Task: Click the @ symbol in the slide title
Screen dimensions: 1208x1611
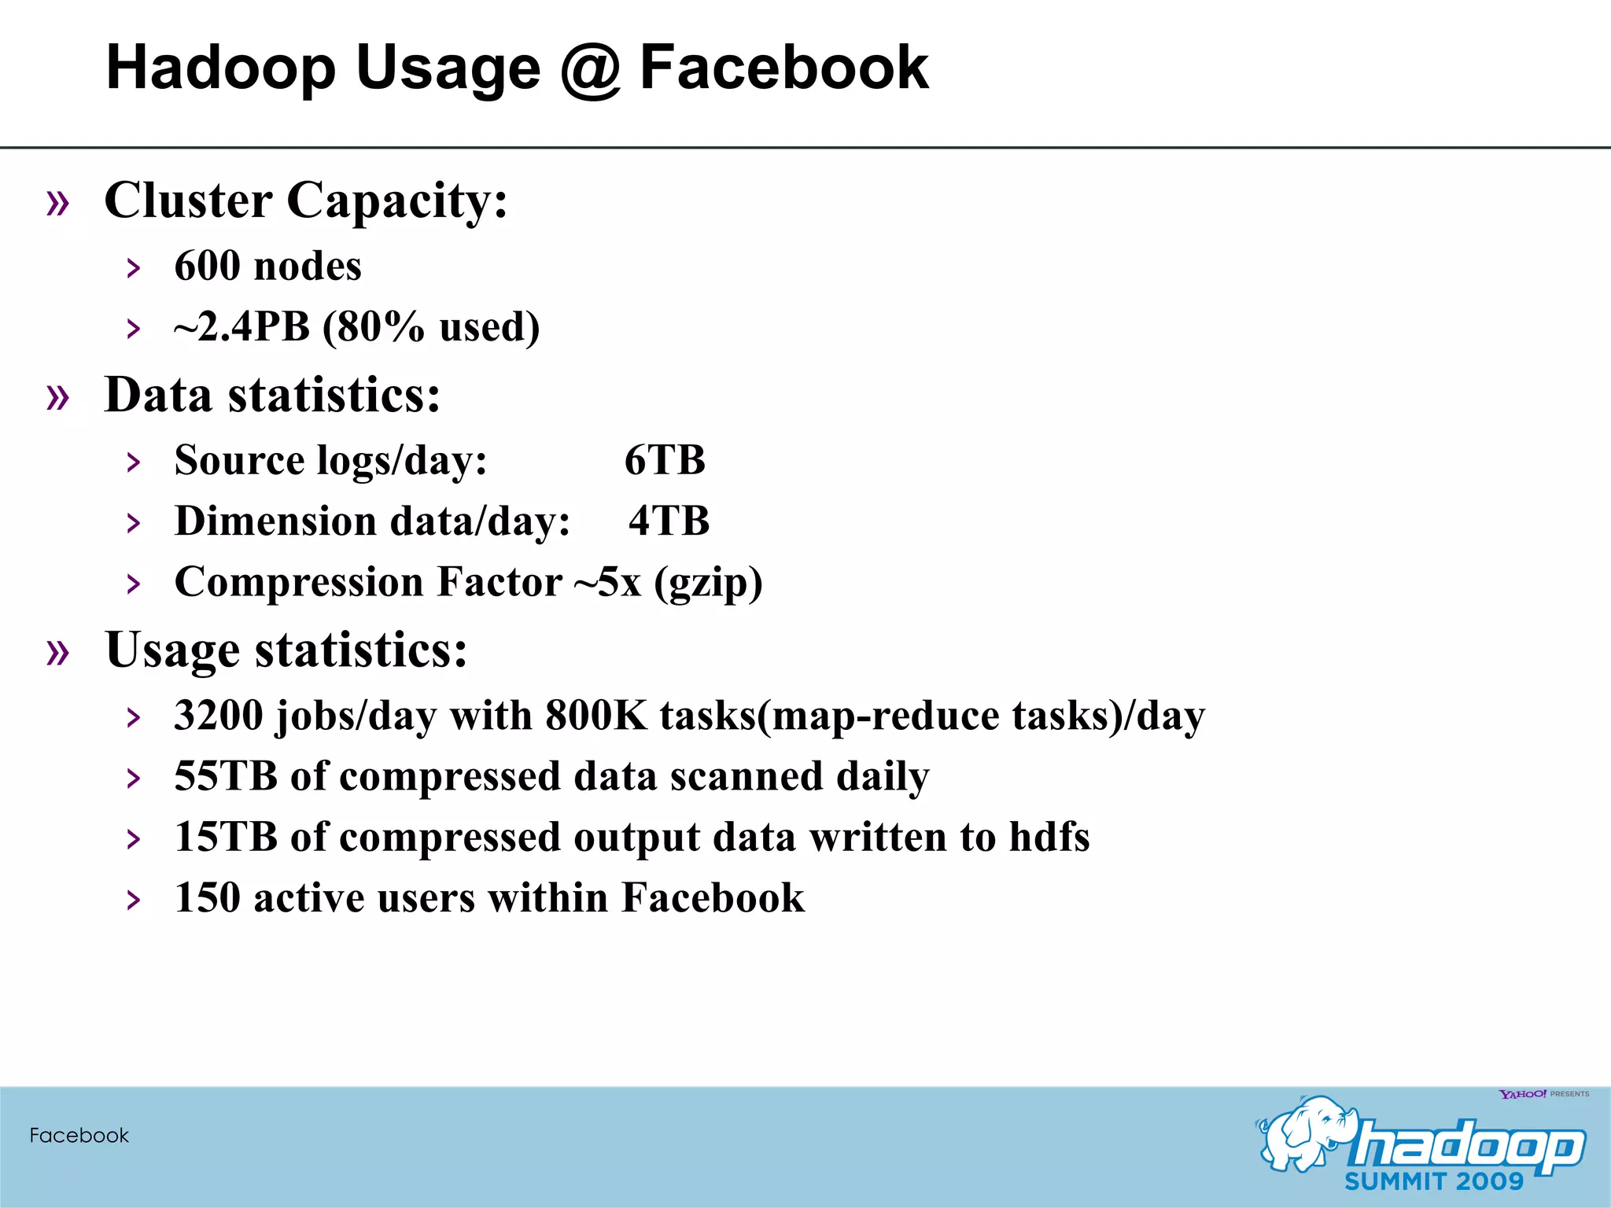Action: (x=591, y=69)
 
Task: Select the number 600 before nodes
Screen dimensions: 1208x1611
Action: (x=208, y=266)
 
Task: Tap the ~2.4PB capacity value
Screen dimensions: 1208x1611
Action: (x=242, y=327)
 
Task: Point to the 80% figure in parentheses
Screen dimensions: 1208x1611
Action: (x=382, y=327)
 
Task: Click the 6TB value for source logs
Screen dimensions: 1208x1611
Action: (x=665, y=460)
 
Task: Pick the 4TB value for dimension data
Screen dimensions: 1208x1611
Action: (x=669, y=521)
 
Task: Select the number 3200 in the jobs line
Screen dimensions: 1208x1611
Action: (x=219, y=716)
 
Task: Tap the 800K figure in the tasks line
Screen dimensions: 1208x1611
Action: (x=595, y=716)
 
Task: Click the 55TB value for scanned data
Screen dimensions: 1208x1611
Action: (x=226, y=776)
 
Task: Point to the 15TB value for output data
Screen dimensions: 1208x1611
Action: (x=226, y=837)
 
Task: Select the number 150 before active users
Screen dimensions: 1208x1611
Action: (x=207, y=898)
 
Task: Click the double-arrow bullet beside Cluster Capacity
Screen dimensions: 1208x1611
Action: (x=58, y=203)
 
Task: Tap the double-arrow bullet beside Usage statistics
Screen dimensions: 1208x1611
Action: (x=58, y=652)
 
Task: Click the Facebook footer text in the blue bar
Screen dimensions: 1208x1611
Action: (x=79, y=1136)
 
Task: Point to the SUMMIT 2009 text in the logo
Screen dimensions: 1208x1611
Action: (x=1433, y=1181)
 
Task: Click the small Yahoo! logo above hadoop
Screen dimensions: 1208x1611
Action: (x=1523, y=1094)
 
